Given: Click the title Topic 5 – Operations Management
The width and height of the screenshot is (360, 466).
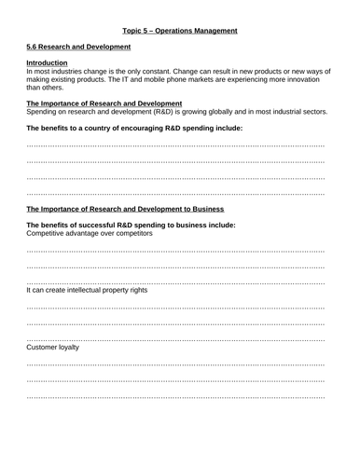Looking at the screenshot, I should pos(180,30).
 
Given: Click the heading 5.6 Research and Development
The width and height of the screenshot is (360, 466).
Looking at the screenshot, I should pos(78,47).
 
